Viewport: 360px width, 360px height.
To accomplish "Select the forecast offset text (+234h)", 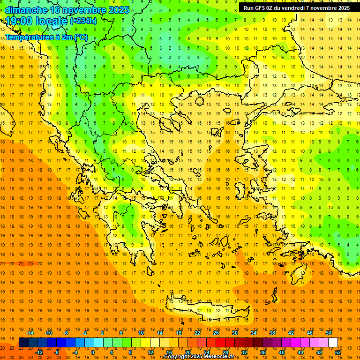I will tap(83, 21).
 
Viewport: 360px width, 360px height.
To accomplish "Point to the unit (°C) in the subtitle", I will tap(81, 37).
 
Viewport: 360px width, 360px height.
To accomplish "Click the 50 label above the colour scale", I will tap(329, 333).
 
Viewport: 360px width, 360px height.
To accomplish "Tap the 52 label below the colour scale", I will tap(338, 352).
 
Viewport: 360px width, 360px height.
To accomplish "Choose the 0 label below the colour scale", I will tap(93, 352).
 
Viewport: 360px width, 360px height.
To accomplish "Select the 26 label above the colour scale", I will tap(216, 333).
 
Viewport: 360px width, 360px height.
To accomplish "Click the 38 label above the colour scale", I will tap(272, 333).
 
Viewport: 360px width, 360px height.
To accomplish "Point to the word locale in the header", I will tap(50, 21).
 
